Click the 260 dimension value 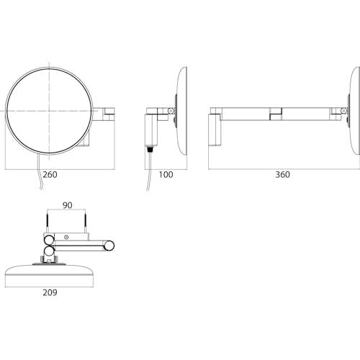click(50, 174)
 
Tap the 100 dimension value click(166, 174)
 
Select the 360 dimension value click(282, 174)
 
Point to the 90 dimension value click(67, 205)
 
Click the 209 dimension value click(50, 292)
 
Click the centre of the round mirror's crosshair click(50, 111)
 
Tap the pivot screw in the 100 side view click(171, 111)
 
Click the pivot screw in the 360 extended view click(343, 111)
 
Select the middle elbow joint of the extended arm click(276, 114)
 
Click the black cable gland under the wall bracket click(150, 149)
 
